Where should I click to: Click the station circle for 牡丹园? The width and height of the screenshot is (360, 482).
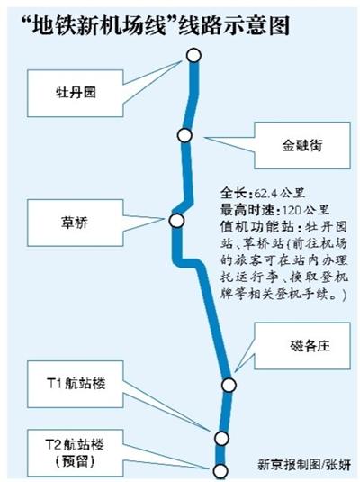pos(193,56)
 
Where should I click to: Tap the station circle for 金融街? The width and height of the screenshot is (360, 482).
pos(184,135)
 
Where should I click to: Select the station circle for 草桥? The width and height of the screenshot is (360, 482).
pos(176,221)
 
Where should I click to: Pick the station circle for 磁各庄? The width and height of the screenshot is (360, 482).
pos(229,385)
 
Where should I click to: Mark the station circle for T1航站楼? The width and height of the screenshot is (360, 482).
pos(221,439)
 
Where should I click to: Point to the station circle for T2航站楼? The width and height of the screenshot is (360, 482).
pos(220,470)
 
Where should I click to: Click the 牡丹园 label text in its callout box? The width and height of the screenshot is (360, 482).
pos(76,93)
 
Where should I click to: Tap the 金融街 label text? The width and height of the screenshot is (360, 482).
pos(302,145)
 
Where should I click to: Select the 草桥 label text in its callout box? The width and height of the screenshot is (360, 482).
pos(75,223)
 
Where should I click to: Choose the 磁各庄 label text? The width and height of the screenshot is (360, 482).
pos(310,346)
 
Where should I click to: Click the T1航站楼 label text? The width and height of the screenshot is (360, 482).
pos(76,384)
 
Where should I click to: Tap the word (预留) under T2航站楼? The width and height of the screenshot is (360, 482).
pos(76,461)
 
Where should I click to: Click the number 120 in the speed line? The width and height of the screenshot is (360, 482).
pos(292,211)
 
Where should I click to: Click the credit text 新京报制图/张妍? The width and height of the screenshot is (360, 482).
pos(304,465)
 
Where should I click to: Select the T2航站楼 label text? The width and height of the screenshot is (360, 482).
pos(76,444)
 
